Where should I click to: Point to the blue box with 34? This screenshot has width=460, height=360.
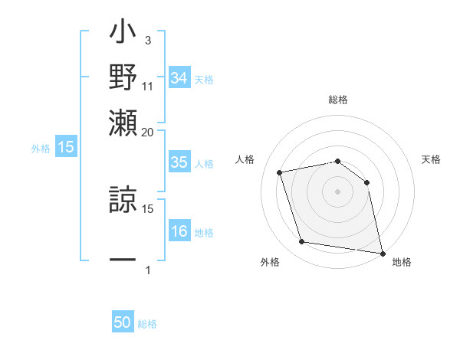click(x=179, y=78)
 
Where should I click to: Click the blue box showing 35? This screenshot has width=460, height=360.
click(x=179, y=162)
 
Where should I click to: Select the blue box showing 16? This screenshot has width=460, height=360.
click(x=179, y=231)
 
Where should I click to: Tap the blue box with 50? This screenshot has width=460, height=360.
click(x=123, y=322)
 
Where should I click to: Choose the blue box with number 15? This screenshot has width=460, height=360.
click(x=65, y=147)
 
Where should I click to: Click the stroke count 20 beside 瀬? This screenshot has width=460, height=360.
click(x=148, y=132)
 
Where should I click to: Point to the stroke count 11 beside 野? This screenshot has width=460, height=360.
click(x=148, y=86)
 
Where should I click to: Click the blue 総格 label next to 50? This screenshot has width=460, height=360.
click(x=147, y=324)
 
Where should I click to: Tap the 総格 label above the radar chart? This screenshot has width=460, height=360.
click(x=337, y=100)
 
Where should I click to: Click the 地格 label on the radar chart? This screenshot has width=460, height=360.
click(x=402, y=262)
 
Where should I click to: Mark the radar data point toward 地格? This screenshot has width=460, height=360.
click(x=382, y=253)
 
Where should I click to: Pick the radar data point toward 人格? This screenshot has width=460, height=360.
click(x=280, y=172)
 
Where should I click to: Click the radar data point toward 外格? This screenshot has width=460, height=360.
click(x=302, y=242)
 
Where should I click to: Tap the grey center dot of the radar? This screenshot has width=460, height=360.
click(x=337, y=191)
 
